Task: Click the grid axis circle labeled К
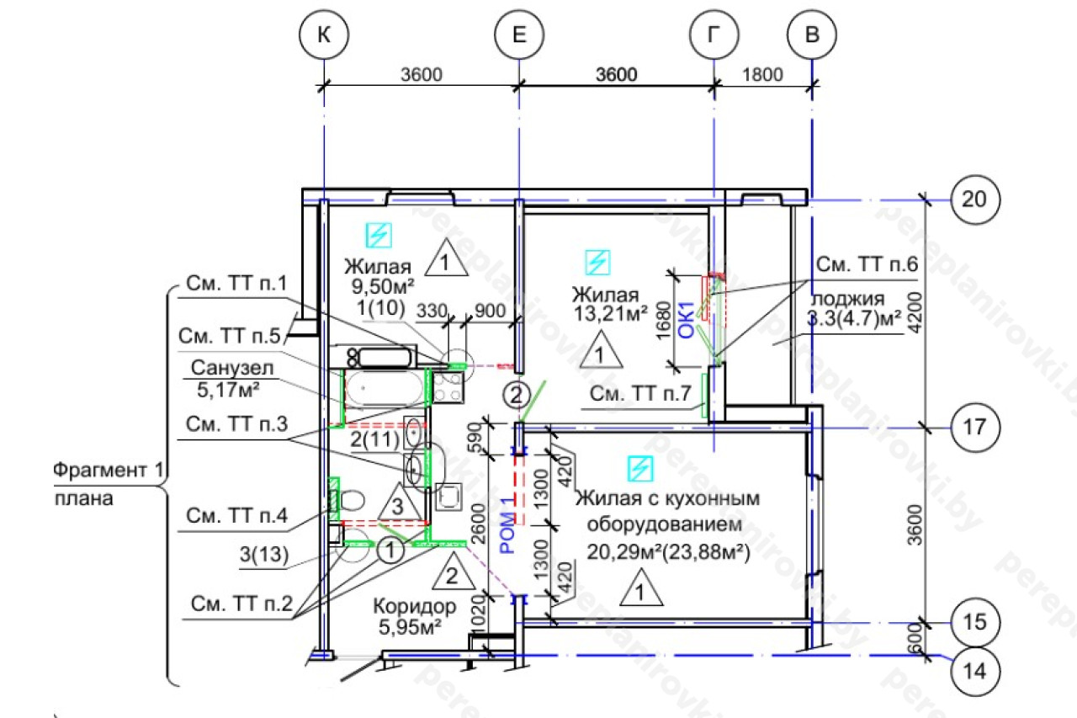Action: point(323,35)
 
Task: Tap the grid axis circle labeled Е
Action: point(518,35)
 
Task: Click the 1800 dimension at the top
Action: point(763,74)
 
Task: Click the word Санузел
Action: point(224,369)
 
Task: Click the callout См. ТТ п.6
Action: point(866,264)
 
